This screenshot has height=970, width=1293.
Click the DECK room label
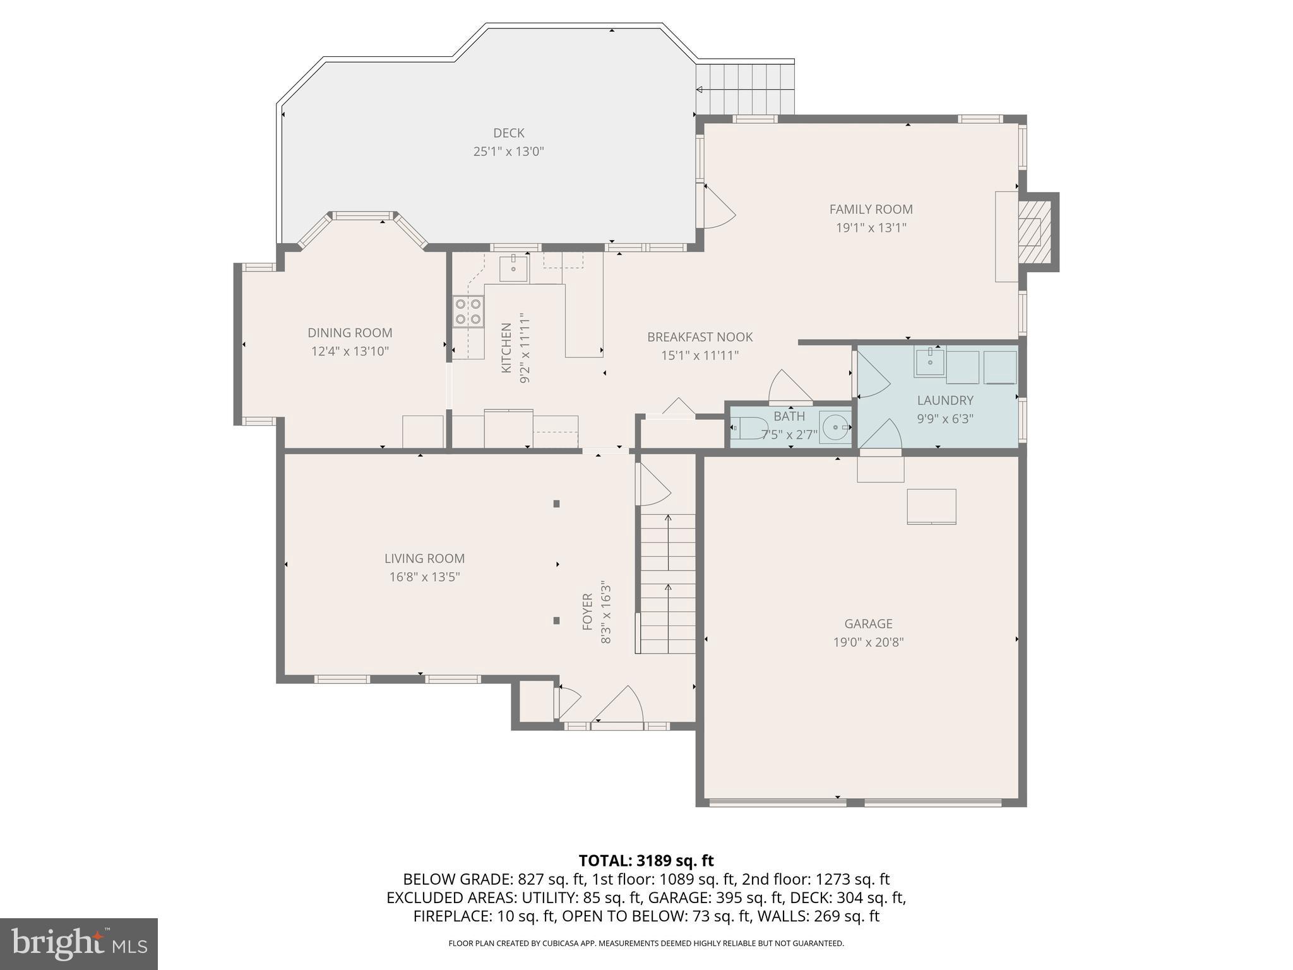(508, 133)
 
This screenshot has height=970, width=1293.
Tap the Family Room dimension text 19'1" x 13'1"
(871, 228)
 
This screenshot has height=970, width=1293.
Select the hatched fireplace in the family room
(1033, 232)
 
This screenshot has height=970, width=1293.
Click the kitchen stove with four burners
(468, 312)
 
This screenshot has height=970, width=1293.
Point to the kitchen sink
(513, 268)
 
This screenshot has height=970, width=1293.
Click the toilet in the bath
(749, 428)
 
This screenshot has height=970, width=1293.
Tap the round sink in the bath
(835, 428)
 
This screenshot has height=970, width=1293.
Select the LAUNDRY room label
(944, 400)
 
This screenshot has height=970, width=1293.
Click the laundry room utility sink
(929, 362)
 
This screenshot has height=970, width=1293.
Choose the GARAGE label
(868, 624)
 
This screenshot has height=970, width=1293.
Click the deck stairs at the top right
(745, 88)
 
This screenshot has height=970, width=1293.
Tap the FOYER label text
(587, 611)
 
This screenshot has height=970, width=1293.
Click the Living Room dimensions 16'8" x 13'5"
(424, 577)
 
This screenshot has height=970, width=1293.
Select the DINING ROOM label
(350, 333)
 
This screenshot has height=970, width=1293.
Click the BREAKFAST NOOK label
(700, 337)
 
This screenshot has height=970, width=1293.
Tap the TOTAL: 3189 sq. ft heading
(646, 861)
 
